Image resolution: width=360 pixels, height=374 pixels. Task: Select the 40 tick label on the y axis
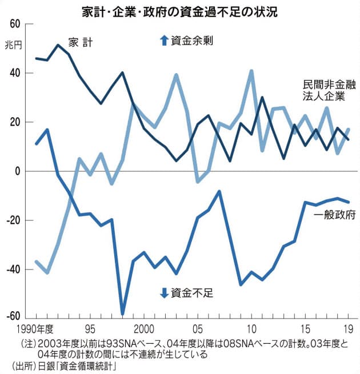(13, 73)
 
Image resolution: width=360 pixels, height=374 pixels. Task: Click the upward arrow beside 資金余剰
(164, 41)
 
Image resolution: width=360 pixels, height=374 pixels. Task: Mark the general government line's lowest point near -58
(122, 313)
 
